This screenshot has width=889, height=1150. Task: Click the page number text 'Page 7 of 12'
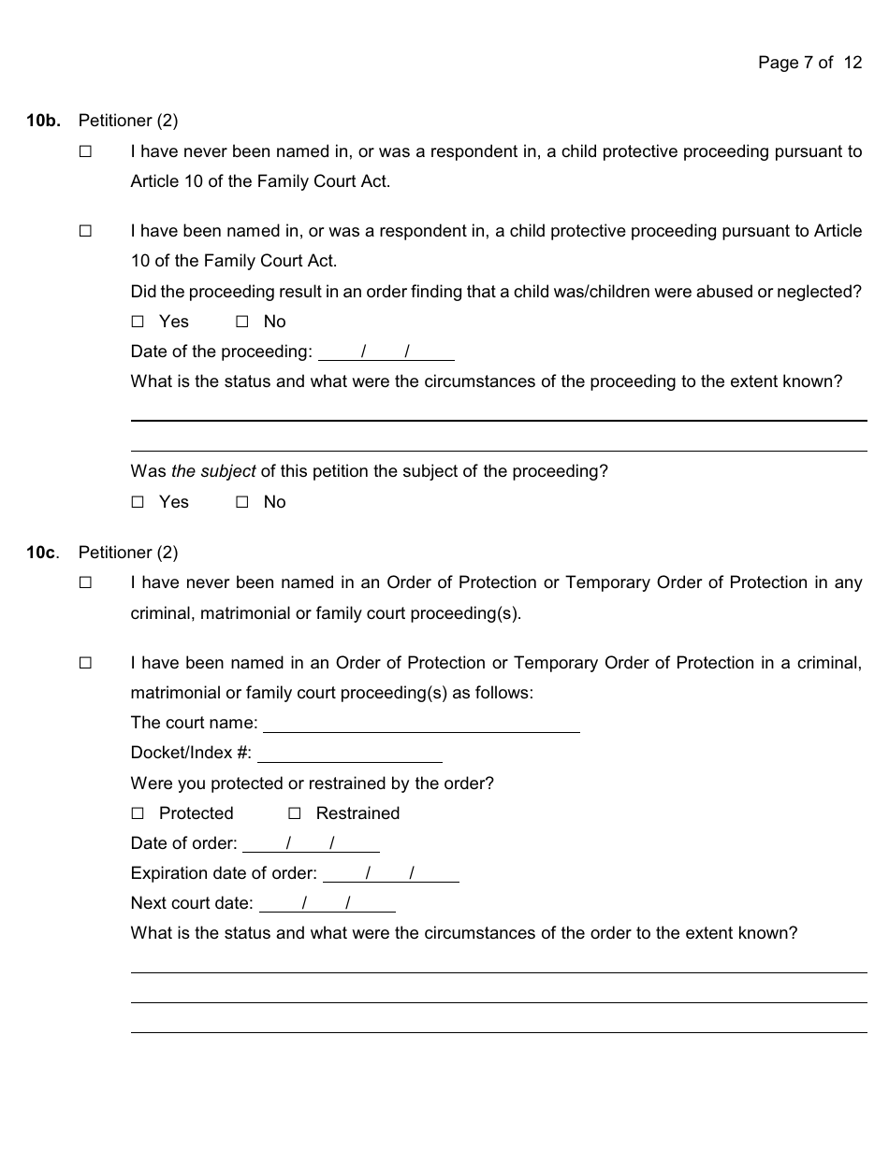(809, 63)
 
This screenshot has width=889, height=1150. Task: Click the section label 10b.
(43, 121)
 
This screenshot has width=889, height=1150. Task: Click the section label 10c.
(43, 553)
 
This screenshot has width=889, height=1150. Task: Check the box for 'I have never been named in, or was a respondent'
(86, 151)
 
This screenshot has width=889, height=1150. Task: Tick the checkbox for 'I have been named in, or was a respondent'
(86, 231)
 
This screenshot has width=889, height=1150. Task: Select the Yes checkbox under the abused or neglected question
(138, 322)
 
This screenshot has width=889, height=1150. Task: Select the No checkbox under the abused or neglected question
(242, 322)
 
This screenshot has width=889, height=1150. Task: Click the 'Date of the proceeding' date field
(386, 352)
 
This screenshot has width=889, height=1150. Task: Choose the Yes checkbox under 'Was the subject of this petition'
(138, 502)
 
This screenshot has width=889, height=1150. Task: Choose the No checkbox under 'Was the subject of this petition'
(242, 502)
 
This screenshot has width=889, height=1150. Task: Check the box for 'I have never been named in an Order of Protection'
(86, 582)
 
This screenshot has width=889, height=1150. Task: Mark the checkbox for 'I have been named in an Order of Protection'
(86, 663)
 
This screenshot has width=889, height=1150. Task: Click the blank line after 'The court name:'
(421, 724)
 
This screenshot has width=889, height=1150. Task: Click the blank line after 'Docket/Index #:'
(349, 754)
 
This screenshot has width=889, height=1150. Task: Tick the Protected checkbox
(138, 813)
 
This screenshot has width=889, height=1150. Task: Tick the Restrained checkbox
(295, 813)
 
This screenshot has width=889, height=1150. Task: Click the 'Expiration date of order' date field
(390, 874)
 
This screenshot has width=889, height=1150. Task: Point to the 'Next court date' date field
(327, 904)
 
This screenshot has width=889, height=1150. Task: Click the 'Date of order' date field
(311, 844)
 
